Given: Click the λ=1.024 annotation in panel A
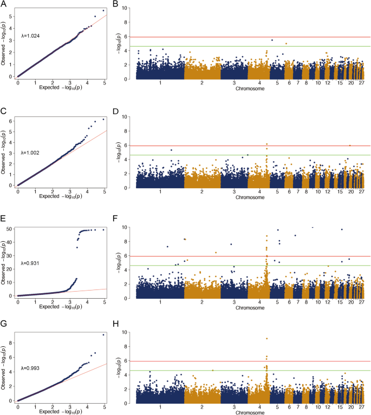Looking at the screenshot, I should click(x=30, y=36).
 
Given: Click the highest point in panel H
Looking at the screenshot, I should click(x=267, y=339).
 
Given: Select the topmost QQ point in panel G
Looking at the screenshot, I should click(x=103, y=335).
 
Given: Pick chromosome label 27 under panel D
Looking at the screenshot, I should click(x=361, y=192).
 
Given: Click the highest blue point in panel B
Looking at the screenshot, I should click(x=272, y=40).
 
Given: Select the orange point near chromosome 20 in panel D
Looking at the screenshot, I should click(x=350, y=146).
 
